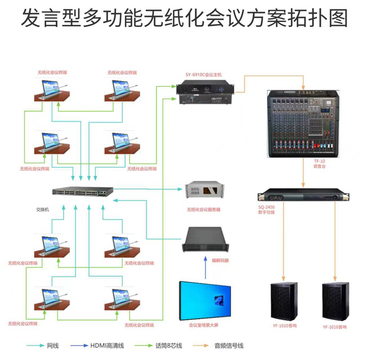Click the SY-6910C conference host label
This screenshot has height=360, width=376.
click(204, 75)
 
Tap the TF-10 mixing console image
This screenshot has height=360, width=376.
click(304, 124)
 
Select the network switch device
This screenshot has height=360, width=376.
click(83, 191)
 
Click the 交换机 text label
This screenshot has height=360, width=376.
click(42, 210)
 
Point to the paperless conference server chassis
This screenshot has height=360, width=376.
click(204, 190)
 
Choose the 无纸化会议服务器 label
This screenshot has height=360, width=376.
click(204, 210)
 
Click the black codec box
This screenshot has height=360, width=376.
click(205, 239)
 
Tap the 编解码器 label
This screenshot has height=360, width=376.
click(220, 260)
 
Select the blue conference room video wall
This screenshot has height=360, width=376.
click(205, 300)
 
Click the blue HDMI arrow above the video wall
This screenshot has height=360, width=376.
click(205, 268)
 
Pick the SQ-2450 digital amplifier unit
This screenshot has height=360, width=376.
click(303, 195)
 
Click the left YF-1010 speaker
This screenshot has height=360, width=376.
click(284, 301)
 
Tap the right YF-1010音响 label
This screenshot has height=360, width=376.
click(335, 327)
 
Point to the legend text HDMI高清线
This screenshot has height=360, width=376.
click(107, 345)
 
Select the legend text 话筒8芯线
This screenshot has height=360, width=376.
click(169, 345)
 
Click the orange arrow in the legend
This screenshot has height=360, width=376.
click(201, 345)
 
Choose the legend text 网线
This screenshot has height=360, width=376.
click(53, 345)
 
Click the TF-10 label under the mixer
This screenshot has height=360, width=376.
click(320, 161)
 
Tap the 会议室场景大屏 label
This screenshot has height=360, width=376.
click(204, 325)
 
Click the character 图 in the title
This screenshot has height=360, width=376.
click(338, 18)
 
